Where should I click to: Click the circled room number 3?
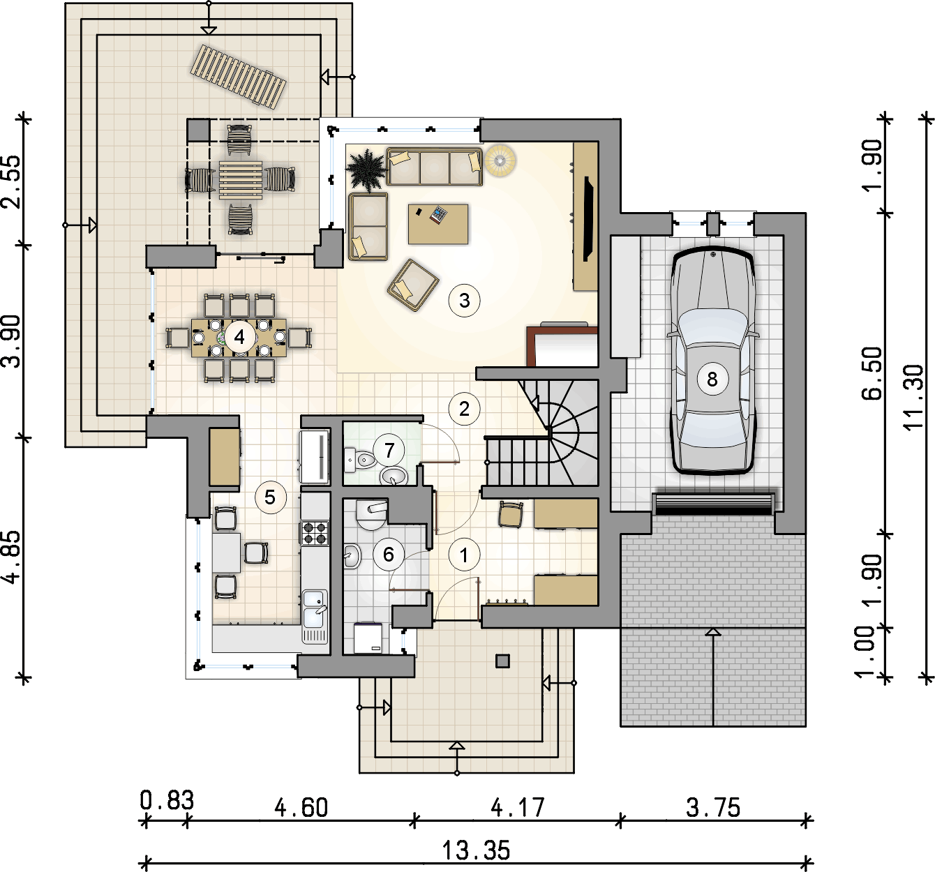tap(464, 301)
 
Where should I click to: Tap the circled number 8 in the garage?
tap(712, 379)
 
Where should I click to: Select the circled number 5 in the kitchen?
tap(270, 497)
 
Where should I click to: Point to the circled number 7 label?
tap(389, 450)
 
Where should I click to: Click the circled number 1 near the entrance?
tap(464, 555)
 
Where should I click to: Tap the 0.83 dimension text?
tap(167, 800)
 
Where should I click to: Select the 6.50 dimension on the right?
tap(872, 373)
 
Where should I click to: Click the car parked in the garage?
tap(713, 361)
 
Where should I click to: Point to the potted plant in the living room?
tap(366, 170)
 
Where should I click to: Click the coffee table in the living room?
tap(437, 224)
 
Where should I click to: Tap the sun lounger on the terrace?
tap(238, 77)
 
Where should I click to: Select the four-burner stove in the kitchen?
tap(315, 533)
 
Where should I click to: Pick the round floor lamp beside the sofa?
tap(500, 161)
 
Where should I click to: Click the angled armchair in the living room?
tap(413, 285)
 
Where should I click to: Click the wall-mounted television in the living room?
tap(588, 218)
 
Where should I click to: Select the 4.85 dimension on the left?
tap(13, 557)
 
